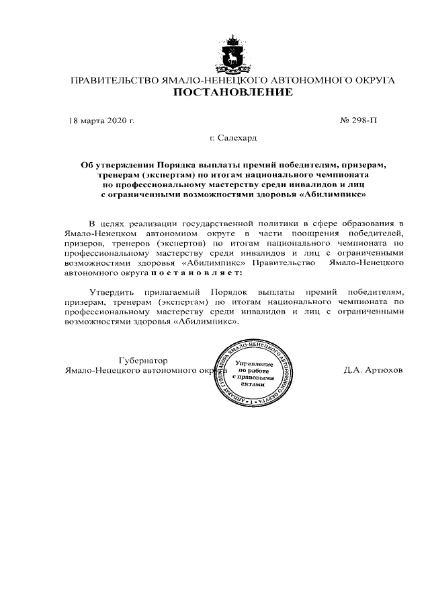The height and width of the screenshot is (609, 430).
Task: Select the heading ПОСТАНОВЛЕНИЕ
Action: point(233,92)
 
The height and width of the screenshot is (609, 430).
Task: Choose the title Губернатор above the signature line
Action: point(143,360)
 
